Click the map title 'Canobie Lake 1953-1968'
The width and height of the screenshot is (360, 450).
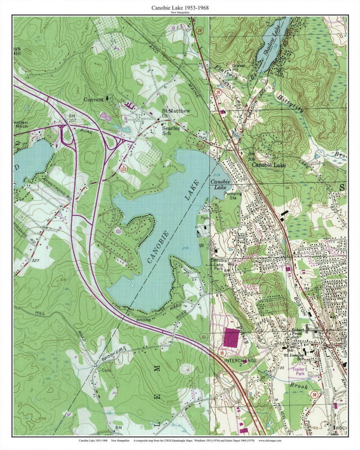180,7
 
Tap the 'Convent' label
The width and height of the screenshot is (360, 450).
93,99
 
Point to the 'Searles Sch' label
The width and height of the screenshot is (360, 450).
171,131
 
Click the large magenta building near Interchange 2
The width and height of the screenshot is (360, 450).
232,338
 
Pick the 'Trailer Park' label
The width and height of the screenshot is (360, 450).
301,371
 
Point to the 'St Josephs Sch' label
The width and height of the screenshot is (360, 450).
294,357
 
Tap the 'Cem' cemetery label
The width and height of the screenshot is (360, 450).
106,370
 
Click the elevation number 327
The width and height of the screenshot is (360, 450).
36,260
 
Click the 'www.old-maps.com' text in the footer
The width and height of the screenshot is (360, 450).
269,440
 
